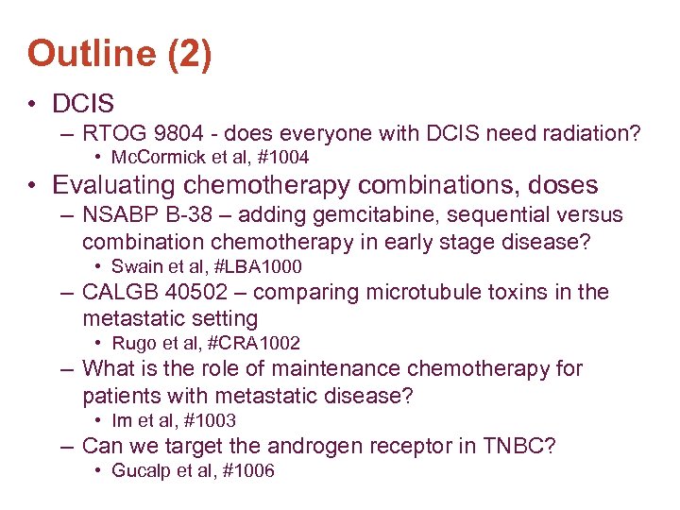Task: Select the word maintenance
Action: coord(306,369)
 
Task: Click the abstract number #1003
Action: coord(211,421)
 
